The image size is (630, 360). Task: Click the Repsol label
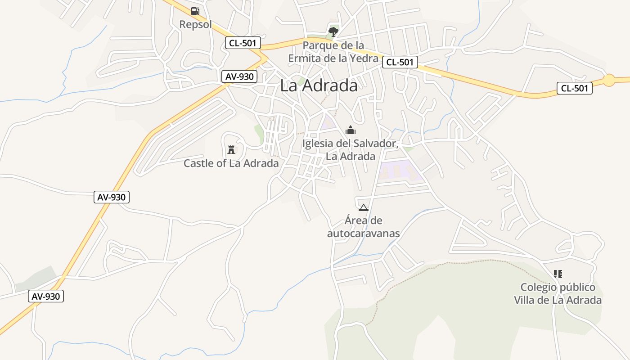(x=195, y=24)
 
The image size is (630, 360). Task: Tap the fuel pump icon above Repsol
(x=195, y=11)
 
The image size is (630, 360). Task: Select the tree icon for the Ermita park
(x=333, y=31)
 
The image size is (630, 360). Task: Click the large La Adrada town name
(x=319, y=85)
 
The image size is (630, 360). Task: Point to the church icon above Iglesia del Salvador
(x=350, y=130)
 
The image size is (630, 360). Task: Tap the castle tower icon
(x=231, y=149)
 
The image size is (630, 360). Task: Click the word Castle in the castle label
(x=198, y=163)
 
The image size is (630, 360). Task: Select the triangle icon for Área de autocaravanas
(x=363, y=207)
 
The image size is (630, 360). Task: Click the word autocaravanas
(x=363, y=234)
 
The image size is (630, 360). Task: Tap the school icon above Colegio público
(x=558, y=274)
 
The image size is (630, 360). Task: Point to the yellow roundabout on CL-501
(x=609, y=80)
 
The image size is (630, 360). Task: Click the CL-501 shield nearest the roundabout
(x=574, y=88)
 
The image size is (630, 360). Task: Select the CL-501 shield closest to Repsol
(x=243, y=43)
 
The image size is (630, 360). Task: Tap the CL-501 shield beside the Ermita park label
(x=400, y=62)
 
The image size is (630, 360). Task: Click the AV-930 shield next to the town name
(x=239, y=76)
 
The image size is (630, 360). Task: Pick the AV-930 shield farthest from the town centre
(x=46, y=296)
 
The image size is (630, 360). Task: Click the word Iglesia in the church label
(x=318, y=144)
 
